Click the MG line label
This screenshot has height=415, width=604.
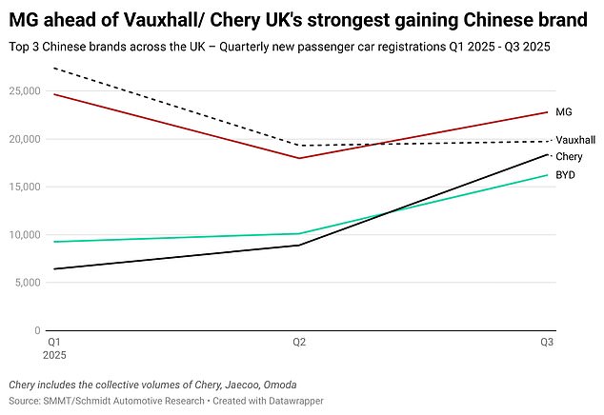pyautogui.click(x=563, y=112)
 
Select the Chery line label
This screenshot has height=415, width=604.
pyautogui.click(x=569, y=156)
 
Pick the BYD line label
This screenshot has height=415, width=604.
pyautogui.click(x=565, y=175)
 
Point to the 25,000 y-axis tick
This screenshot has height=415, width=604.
pyautogui.click(x=22, y=90)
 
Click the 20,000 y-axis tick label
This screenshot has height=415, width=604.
pyautogui.click(x=22, y=139)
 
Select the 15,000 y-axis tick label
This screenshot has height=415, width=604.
pyautogui.click(x=22, y=187)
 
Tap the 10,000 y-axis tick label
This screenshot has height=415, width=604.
pyautogui.click(x=22, y=235)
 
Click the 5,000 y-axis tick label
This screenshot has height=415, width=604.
pyautogui.click(x=25, y=283)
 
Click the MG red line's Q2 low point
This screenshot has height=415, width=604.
pyautogui.click(x=299, y=158)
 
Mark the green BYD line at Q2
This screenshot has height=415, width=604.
pyautogui.click(x=299, y=233)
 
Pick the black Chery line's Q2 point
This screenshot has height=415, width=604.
pyautogui.click(x=299, y=245)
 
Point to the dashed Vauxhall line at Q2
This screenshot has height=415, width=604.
pyautogui.click(x=299, y=146)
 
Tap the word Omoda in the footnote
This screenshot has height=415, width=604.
pyautogui.click(x=275, y=385)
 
